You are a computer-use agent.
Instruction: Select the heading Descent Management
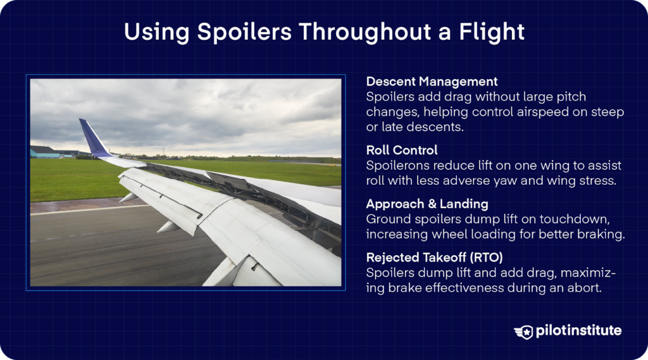pos(432,82)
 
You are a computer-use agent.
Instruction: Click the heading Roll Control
pos(401,151)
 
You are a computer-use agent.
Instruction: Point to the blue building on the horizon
pos(44,152)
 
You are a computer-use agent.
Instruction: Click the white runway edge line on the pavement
pos(76,210)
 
